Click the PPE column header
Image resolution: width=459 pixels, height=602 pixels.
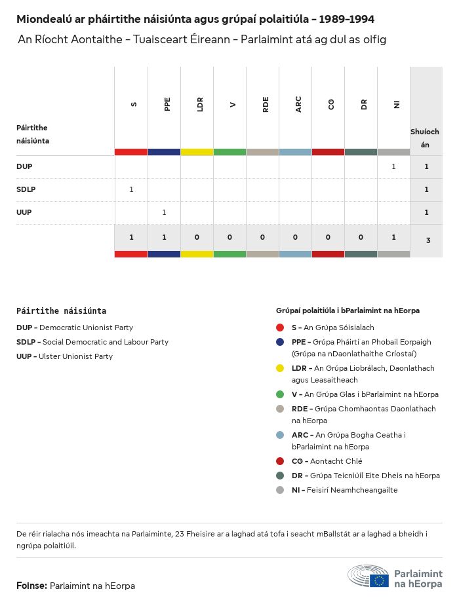tap(167, 104)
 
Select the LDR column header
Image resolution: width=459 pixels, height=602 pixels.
tap(200, 104)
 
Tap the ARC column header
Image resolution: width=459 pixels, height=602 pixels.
tap(298, 104)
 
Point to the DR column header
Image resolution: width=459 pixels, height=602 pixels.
tap(364, 104)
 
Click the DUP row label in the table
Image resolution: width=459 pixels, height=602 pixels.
tap(24, 166)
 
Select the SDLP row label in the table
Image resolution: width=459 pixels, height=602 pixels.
tap(26, 189)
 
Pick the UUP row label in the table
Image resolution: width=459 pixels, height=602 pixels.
tap(24, 212)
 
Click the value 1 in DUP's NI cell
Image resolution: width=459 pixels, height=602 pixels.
tap(393, 166)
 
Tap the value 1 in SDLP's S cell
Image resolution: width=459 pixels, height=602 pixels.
tap(131, 189)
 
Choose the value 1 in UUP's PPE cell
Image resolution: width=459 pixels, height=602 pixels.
tap(164, 212)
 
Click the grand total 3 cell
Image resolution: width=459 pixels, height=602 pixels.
tap(428, 240)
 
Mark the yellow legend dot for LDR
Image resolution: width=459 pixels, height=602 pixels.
tap(280, 368)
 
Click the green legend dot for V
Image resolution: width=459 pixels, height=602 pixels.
tap(280, 394)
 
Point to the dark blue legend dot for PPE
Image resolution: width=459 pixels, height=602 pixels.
tap(280, 342)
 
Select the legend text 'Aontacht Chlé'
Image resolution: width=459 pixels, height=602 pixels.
tap(336, 461)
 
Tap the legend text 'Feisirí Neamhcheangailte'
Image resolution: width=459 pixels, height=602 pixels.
tap(354, 490)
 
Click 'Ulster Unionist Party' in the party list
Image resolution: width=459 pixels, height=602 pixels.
tap(75, 356)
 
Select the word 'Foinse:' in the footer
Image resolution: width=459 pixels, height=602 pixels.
tap(32, 586)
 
